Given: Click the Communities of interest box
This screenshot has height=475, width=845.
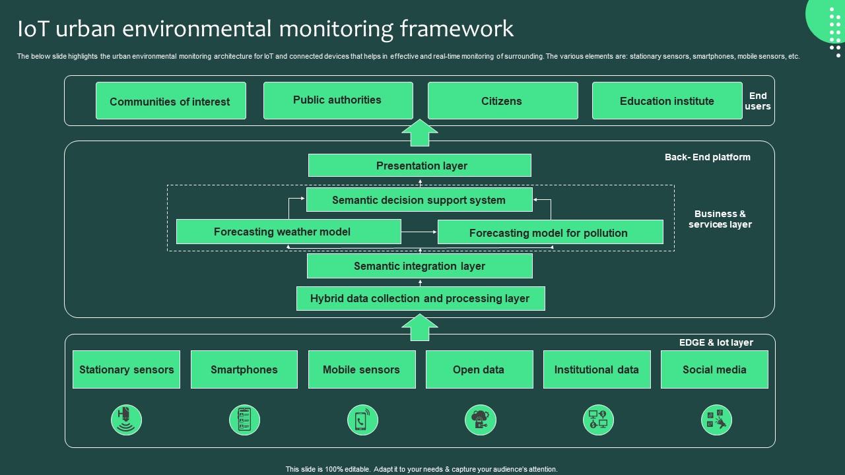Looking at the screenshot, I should coord(170,101).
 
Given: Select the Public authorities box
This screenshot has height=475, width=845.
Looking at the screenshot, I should coord(337,100).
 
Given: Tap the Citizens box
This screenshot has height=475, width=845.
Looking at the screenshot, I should coord(502,101).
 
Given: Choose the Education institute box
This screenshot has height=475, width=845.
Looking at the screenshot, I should coord(667,101).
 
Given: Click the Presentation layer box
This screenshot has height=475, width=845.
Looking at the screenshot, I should coord(420,166).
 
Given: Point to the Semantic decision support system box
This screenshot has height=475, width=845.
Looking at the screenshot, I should coord(419,200).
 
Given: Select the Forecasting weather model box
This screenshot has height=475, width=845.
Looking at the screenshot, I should coord(288,232).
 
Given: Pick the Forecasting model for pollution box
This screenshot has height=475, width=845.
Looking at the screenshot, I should coord(550,232).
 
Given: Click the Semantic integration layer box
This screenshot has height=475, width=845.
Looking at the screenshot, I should coord(419,266).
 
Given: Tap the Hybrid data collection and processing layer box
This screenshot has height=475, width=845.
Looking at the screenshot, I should coord(420,298).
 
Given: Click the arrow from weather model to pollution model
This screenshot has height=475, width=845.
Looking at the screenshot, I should coord(419,232).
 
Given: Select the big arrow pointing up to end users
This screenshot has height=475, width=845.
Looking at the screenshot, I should coord(420,133).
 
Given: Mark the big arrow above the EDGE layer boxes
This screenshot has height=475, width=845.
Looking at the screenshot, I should coord(420,327).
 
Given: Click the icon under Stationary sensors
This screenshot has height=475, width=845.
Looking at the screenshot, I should coord(126,420).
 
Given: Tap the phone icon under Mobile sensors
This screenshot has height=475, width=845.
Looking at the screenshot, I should coord(362,420).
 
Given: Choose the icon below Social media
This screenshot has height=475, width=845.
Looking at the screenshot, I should coord(716,420).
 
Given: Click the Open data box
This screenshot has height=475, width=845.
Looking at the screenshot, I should coord(479,369).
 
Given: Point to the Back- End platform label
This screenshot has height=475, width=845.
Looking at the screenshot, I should coord(707,157).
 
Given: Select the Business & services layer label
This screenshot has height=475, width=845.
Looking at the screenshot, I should coord(720,219).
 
